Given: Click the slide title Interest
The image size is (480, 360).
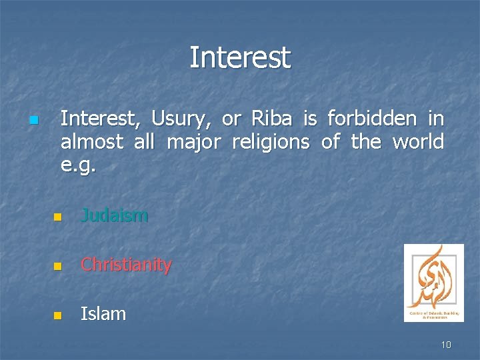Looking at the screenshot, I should (x=240, y=57).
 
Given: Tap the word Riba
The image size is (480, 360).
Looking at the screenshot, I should (x=271, y=119).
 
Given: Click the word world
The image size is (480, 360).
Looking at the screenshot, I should (x=418, y=141).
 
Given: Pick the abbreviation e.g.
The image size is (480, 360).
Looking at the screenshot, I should (x=79, y=164).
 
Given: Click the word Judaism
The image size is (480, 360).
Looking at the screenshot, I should (x=114, y=215).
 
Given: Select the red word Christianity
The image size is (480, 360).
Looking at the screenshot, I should (x=126, y=265).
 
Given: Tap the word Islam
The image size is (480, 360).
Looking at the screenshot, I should (x=103, y=313).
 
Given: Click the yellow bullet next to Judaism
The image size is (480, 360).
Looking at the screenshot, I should (x=57, y=217).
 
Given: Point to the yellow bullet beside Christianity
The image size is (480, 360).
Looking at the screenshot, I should (x=57, y=267).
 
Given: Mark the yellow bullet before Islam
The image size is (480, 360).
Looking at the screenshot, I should (x=57, y=315).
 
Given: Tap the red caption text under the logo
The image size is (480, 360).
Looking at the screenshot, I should (x=433, y=315).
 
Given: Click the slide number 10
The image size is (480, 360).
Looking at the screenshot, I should (x=446, y=345).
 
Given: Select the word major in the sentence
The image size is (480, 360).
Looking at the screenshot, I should (x=191, y=141).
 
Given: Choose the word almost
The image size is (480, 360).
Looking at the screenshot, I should (x=91, y=141).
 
